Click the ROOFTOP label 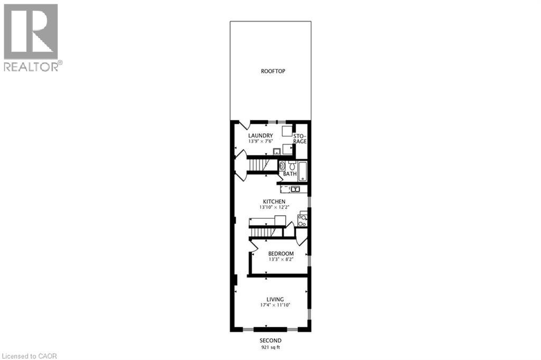(273, 71)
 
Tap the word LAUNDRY (260, 136)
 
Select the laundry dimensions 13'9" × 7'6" (260, 142)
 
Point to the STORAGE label (300, 139)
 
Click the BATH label (290, 173)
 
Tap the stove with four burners (302, 219)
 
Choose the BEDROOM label (281, 254)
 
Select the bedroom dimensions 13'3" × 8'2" (281, 260)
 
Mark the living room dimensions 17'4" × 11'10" (275, 305)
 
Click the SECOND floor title (270, 340)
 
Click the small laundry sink (276, 152)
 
